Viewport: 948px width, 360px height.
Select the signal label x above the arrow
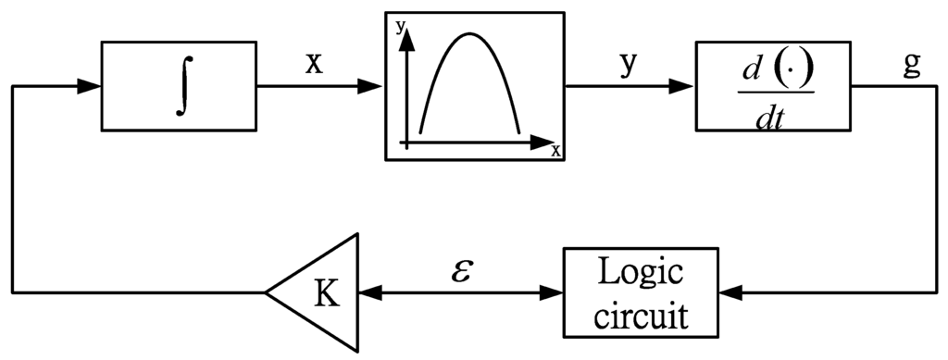(x=314, y=63)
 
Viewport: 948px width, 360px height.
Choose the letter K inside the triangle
(x=327, y=292)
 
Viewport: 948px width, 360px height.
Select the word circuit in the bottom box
(x=641, y=315)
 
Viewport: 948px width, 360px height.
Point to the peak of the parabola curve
(x=469, y=34)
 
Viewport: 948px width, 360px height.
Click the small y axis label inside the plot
(x=401, y=27)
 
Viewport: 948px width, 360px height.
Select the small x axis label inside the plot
(x=555, y=151)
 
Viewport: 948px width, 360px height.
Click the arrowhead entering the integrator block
(x=90, y=86)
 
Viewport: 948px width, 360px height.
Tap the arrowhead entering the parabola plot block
(x=371, y=86)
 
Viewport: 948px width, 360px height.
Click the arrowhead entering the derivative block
(x=682, y=86)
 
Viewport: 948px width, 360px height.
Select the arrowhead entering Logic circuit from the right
(x=731, y=292)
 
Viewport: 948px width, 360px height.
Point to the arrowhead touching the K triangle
(x=370, y=292)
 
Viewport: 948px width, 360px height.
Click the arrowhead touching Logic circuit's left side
(x=554, y=292)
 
